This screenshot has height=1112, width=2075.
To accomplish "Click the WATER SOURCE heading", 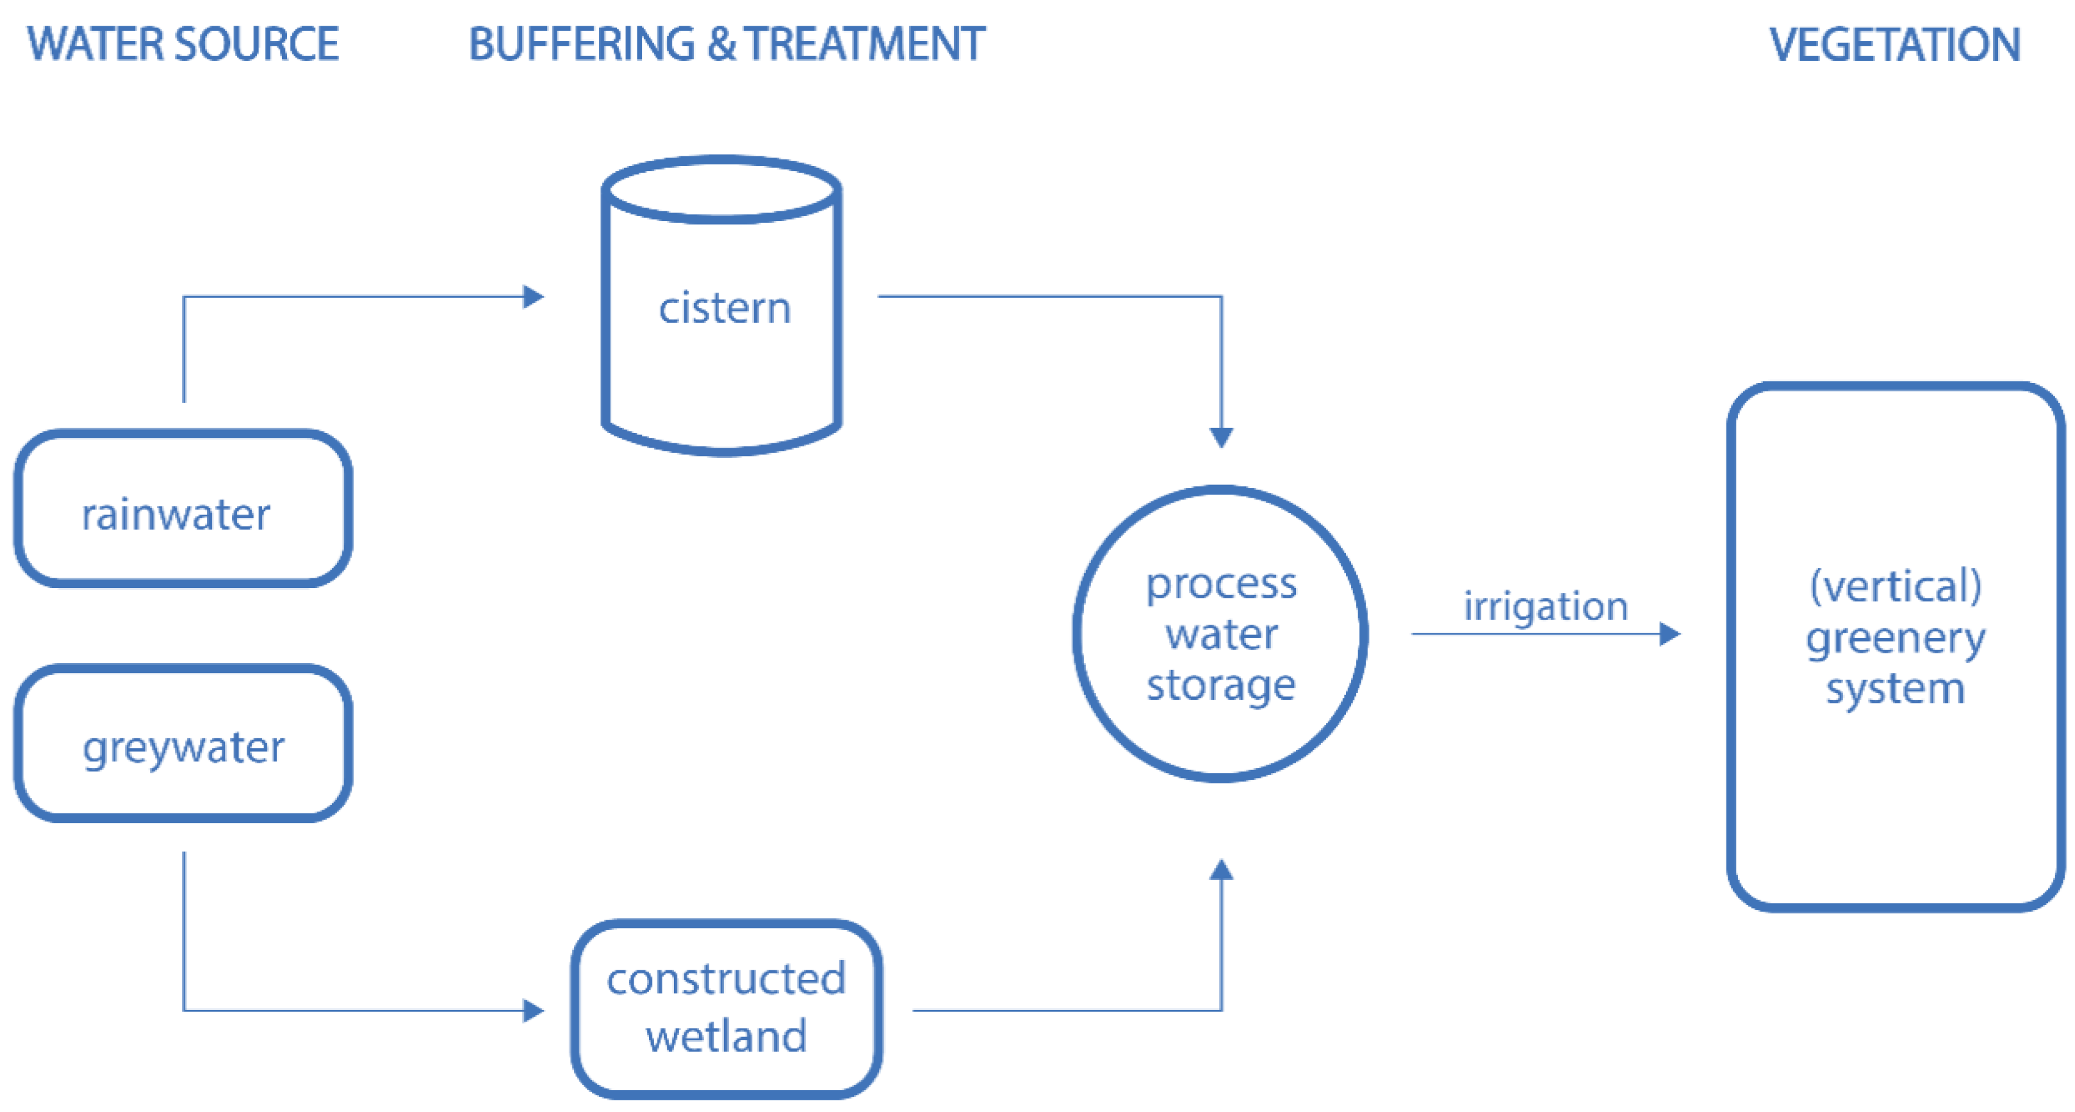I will point(183,45).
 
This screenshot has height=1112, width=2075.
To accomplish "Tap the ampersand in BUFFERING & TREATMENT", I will point(721,45).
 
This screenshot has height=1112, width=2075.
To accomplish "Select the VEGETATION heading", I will point(1894,45).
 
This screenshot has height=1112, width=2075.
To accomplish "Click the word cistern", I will point(724,308).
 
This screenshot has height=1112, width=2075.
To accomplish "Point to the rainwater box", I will point(183,509).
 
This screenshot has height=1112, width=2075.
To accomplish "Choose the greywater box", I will point(183,744).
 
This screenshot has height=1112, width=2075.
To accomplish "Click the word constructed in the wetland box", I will point(726,979).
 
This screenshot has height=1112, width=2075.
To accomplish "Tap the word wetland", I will point(726,1036).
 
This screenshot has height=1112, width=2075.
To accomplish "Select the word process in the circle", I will point(1221,584).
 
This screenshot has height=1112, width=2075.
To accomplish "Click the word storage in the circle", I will point(1221,686).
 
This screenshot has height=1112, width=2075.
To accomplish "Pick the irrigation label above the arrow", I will point(1545,606).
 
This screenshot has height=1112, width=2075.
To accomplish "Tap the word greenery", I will point(1896,639).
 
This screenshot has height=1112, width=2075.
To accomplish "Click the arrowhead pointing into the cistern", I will point(534,297).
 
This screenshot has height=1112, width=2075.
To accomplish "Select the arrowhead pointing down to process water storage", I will point(1221,438).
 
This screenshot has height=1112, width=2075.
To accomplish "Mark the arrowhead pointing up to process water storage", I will point(1221,870).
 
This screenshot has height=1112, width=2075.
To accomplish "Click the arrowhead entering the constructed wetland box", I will point(534,1011).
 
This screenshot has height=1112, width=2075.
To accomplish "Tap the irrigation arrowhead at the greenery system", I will point(1669,634).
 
